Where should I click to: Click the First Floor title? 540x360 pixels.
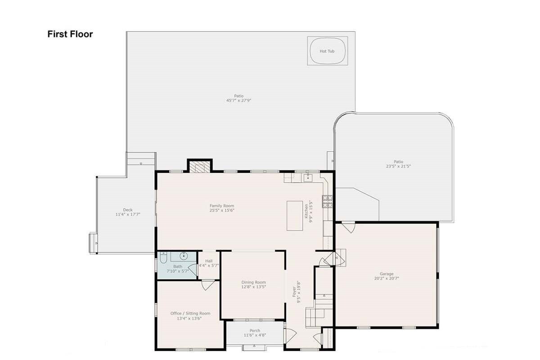tap(70, 34)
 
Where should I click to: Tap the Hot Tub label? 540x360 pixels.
tap(327, 51)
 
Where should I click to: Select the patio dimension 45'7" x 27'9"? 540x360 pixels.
tap(238, 100)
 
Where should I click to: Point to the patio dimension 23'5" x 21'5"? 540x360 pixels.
tap(398, 166)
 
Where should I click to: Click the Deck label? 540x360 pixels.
tap(128, 210)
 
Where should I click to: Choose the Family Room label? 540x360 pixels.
tap(222, 206)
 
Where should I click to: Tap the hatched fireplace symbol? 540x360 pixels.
tap(200, 167)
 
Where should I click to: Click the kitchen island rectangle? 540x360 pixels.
tap(295, 216)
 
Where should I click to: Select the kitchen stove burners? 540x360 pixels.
tap(328, 201)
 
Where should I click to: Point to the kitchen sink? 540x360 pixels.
tap(308, 178)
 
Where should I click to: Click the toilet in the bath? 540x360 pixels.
tap(163, 257)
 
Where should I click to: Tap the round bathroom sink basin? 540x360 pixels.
tap(184, 256)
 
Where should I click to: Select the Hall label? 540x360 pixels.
tap(209, 261)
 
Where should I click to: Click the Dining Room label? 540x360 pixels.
tap(254, 282)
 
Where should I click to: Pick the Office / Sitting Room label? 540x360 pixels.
tap(190, 313)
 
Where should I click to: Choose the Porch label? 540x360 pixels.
tap(255, 330)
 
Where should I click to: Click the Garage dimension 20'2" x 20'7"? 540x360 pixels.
tap(387, 278)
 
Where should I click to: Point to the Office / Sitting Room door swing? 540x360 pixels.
tap(207, 284)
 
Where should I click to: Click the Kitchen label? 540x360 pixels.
tap(306, 211)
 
